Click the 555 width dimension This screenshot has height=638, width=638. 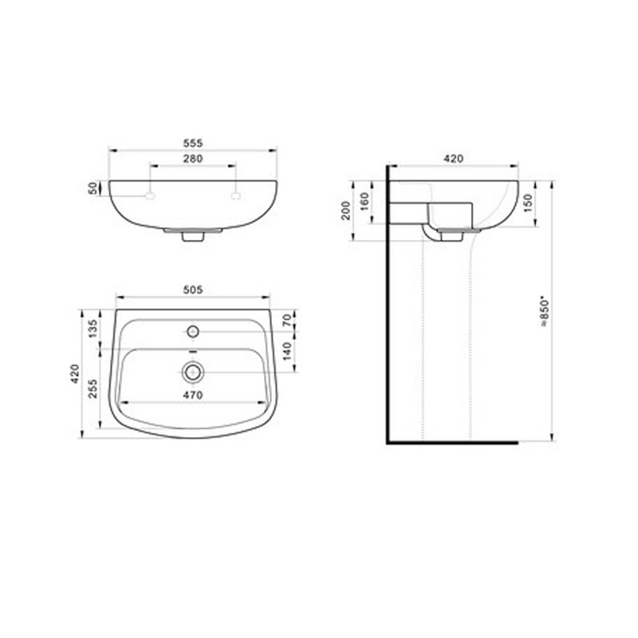192,144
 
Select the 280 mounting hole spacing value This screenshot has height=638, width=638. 192,159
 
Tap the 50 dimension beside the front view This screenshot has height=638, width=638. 93,188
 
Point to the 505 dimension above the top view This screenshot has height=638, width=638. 192,290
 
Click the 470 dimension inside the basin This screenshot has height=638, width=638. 192,395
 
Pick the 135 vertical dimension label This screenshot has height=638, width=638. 93,329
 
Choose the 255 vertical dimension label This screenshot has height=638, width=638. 93,388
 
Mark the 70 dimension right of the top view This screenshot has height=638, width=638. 287,321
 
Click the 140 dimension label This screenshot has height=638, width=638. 287,351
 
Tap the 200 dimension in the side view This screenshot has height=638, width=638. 346,211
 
